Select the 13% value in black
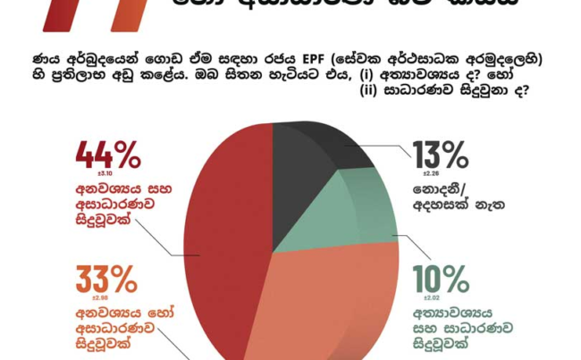click(x=440, y=155)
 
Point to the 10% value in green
click(x=440, y=276)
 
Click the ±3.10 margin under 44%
click(x=87, y=175)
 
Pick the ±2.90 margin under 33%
click(x=86, y=296)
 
